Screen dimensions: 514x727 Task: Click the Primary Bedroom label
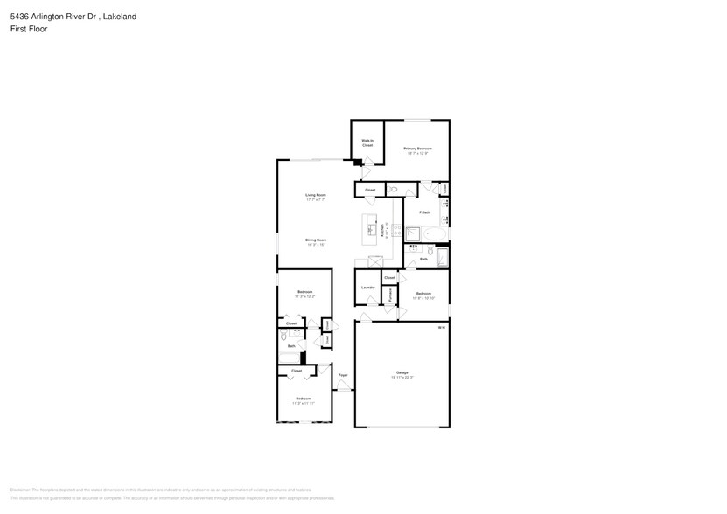pyautogui.click(x=417, y=149)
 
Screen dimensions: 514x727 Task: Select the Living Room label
pyautogui.click(x=316, y=194)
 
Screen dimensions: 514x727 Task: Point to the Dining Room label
pyautogui.click(x=316, y=240)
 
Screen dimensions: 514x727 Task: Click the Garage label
pyautogui.click(x=402, y=372)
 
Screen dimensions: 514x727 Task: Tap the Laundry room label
pyautogui.click(x=367, y=287)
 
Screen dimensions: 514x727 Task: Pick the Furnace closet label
pyautogui.click(x=390, y=295)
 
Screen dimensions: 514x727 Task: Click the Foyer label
pyautogui.click(x=343, y=375)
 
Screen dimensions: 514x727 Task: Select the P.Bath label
pyautogui.click(x=424, y=212)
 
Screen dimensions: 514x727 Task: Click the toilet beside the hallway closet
pyautogui.click(x=393, y=189)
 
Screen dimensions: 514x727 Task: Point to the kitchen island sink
pyautogui.click(x=370, y=230)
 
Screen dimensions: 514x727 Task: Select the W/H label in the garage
pyautogui.click(x=442, y=328)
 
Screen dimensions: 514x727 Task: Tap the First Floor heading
pyautogui.click(x=29, y=29)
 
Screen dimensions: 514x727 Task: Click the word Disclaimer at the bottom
pyautogui.click(x=20, y=490)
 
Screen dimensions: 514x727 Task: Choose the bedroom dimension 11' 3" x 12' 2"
pyautogui.click(x=304, y=296)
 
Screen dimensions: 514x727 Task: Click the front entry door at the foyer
pyautogui.click(x=343, y=391)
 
